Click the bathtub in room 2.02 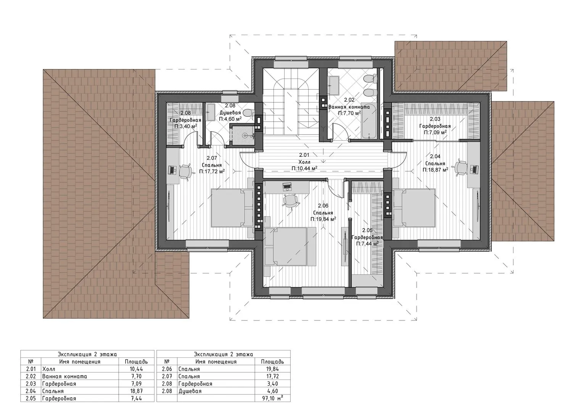pos(369,125)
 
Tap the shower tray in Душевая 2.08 pos(243,135)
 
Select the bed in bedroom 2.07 pos(232,208)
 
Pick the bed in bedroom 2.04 pos(414,208)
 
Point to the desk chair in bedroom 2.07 pos(185,171)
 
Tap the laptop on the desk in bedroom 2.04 pos(474,169)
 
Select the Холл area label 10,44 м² pos(304,168)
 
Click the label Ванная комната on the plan pos(349,107)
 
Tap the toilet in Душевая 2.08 pos(248,113)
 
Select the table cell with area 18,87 pos(136,391)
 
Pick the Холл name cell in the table pos(80,369)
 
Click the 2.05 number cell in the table pos(31,398)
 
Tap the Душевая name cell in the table pos(216,391)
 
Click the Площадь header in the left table pos(136,362)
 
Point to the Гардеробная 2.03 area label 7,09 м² pos(435,132)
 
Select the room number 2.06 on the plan pos(323,206)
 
